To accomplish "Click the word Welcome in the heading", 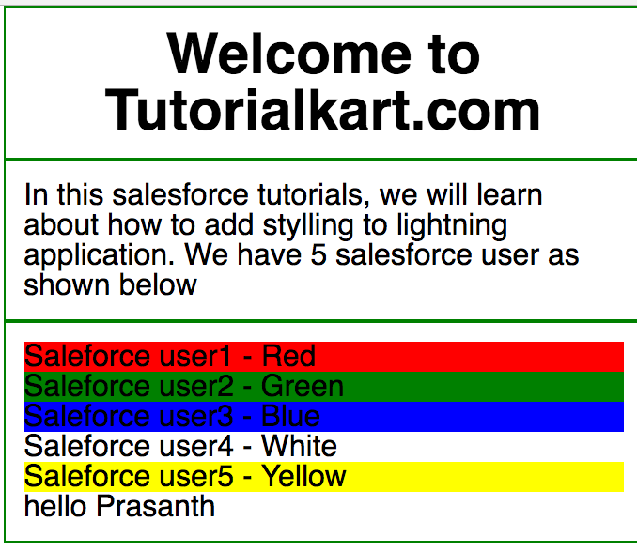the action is tap(288, 54).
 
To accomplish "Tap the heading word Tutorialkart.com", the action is tap(322, 110).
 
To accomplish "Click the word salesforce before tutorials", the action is tap(180, 195).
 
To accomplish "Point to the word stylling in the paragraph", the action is tap(308, 226).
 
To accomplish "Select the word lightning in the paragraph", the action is tap(452, 226).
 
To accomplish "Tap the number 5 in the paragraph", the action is tap(318, 255).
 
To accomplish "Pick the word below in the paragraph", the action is tap(158, 285).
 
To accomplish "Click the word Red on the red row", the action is tap(288, 356).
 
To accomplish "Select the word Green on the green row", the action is tap(303, 386).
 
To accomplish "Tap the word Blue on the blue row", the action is tap(290, 416).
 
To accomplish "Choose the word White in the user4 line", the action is tap(299, 446).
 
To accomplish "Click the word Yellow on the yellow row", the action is tap(303, 476).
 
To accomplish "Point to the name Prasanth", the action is tap(155, 506).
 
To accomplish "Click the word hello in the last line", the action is tap(55, 506).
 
